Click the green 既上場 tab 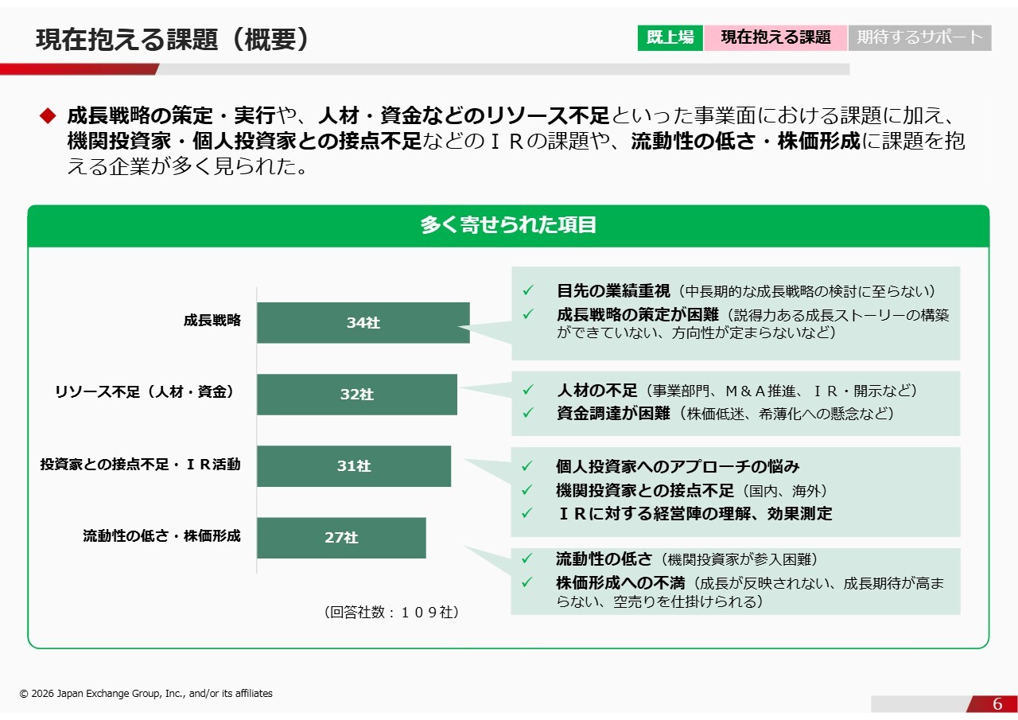670,37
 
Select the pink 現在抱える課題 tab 775,37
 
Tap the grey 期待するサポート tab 920,37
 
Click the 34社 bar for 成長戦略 363,323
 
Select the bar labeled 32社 357,395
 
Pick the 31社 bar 354,466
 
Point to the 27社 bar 341,538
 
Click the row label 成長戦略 212,321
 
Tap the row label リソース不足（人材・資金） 145,391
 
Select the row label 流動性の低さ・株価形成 161,536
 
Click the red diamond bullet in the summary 48,115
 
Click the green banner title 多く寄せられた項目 508,225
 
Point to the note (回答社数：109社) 391,613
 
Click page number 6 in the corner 997,703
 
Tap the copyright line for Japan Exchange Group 146,693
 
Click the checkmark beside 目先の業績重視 527,290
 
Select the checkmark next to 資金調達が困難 527,413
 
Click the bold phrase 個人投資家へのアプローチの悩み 678,466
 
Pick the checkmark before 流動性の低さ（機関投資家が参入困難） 526,558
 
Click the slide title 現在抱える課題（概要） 173,39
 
